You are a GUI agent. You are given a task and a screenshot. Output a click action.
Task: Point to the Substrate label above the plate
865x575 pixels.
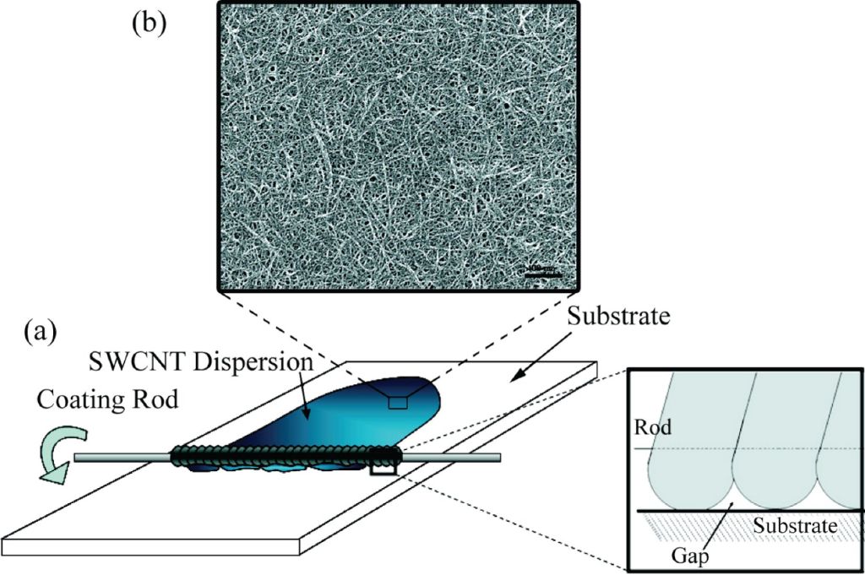pos(620,317)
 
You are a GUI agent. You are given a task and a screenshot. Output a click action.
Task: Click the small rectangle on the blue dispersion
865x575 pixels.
pos(397,402)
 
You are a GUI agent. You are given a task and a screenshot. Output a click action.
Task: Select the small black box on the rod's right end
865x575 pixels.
pos(384,463)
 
